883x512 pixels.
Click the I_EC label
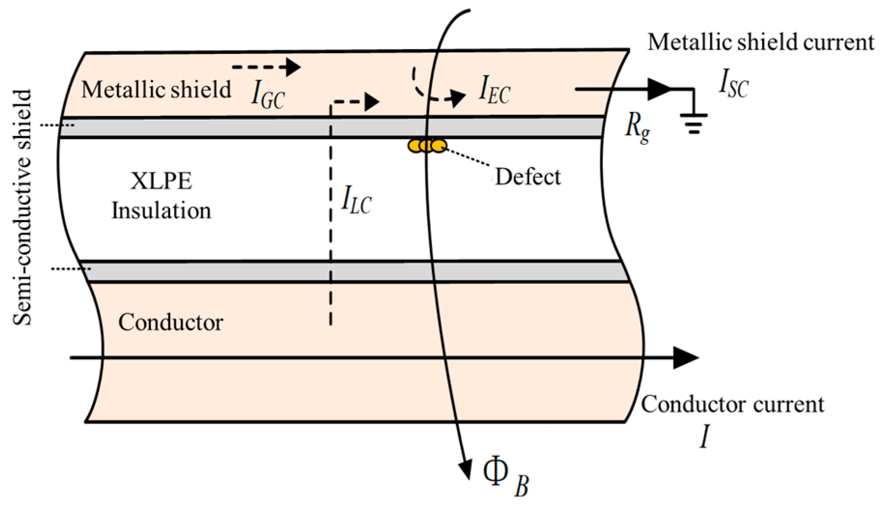(494, 90)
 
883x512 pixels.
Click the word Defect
(528, 177)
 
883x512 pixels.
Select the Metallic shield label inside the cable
(156, 90)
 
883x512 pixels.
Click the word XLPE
(161, 181)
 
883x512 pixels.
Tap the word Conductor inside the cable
(170, 322)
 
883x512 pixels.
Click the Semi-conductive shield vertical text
(22, 208)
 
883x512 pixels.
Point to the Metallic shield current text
(760, 42)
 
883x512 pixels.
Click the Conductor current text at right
(732, 404)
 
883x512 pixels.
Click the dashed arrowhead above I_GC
(293, 67)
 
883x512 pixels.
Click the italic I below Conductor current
(705, 438)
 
